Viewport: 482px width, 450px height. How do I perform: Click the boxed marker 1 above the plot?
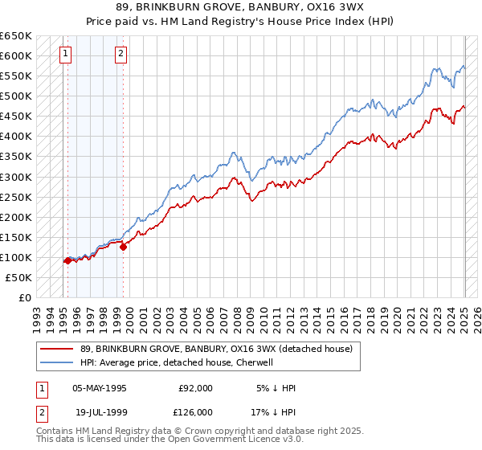pyautogui.click(x=65, y=55)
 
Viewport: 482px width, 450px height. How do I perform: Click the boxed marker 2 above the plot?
pyautogui.click(x=120, y=55)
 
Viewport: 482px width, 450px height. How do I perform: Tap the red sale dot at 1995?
pyautogui.click(x=67, y=260)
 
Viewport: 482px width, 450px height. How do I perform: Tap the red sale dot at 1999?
pyautogui.click(x=124, y=247)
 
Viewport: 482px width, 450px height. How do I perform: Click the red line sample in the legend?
pyautogui.click(x=56, y=349)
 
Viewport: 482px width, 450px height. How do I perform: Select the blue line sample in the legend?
pyautogui.click(x=56, y=362)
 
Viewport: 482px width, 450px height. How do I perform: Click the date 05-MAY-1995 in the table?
pyautogui.click(x=100, y=388)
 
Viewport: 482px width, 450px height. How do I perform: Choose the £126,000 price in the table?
pyautogui.click(x=195, y=411)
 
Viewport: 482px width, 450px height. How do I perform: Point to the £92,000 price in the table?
pyautogui.click(x=195, y=388)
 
